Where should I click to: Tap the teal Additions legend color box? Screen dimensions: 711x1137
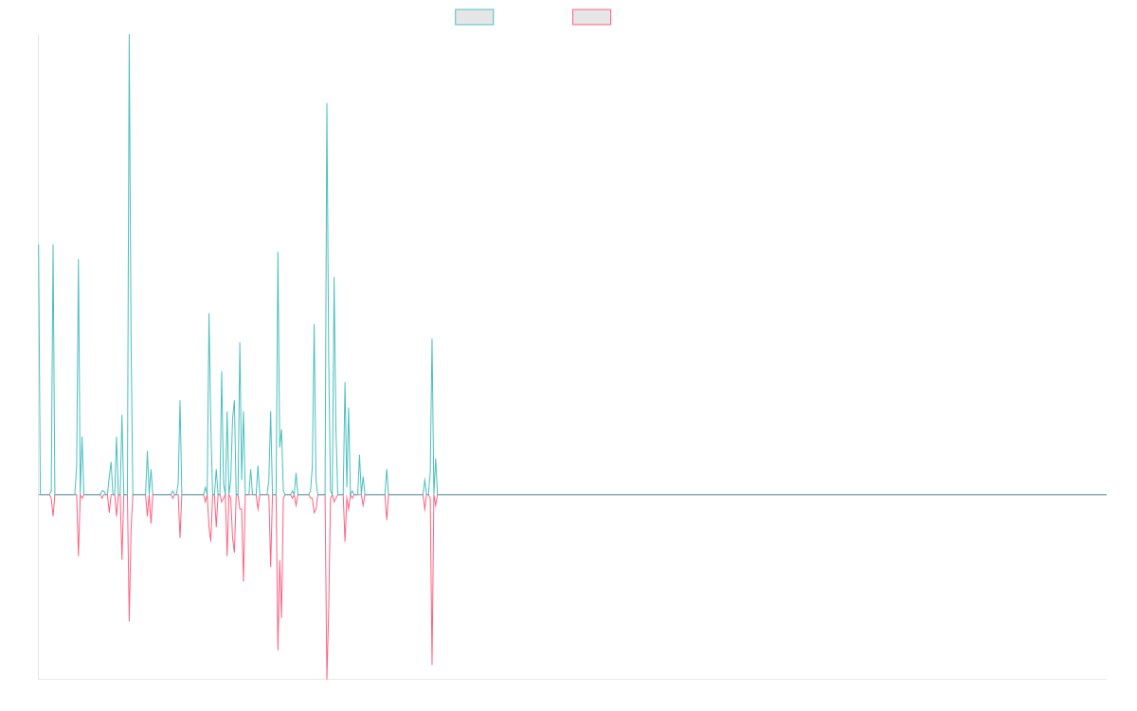coord(475,17)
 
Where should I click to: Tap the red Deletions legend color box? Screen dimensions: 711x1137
coord(592,17)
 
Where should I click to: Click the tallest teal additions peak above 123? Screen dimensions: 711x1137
coord(129,36)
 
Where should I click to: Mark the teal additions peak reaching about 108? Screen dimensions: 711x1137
coord(326,102)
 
